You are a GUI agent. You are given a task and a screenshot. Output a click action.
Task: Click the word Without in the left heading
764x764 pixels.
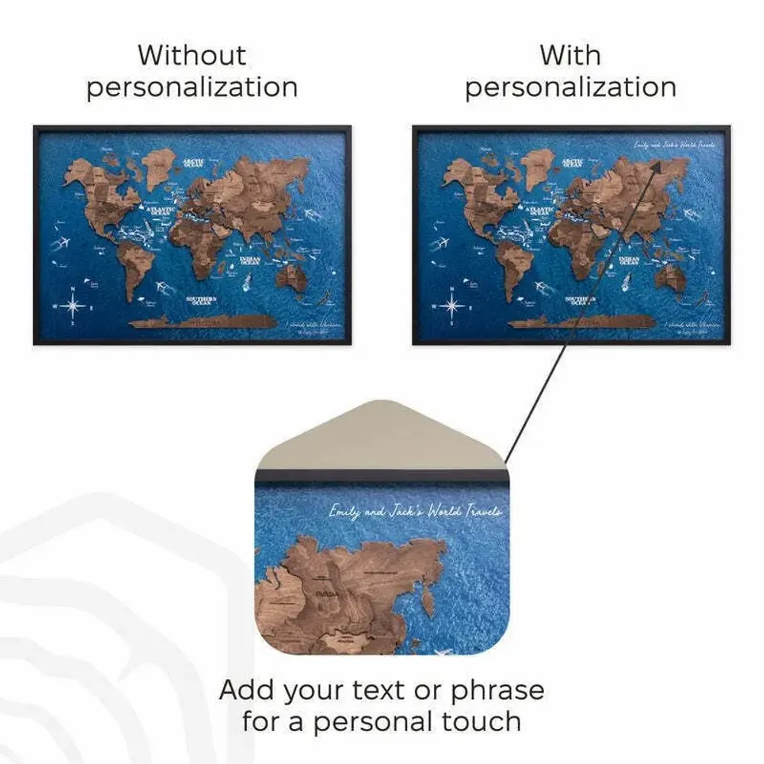point(192,56)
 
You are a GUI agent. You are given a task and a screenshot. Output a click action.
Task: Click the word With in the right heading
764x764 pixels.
point(570,56)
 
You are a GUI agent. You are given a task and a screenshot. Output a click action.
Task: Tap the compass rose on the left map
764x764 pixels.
point(75,306)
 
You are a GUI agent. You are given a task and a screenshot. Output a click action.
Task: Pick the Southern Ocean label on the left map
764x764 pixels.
point(204,300)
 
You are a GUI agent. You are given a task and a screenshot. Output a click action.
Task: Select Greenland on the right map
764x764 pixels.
point(539,167)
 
